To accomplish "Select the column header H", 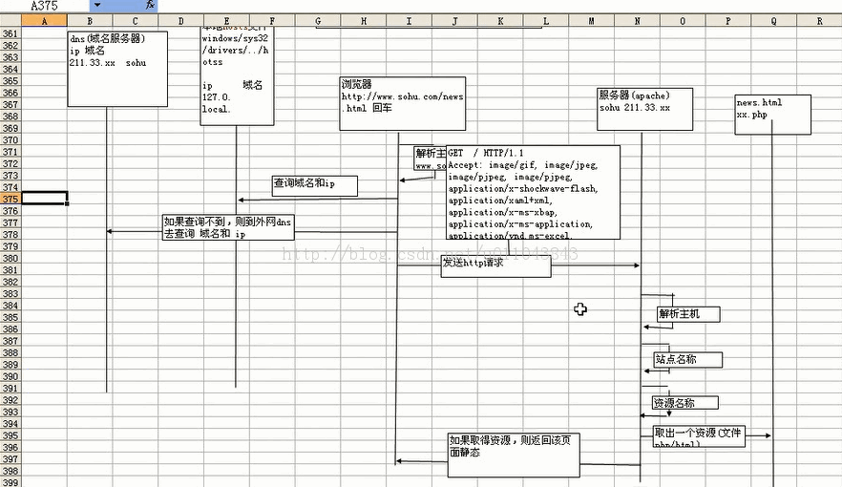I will click(x=340, y=20).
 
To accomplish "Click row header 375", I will click(x=10, y=199).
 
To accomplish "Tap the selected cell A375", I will click(x=44, y=199).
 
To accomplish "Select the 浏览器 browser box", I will click(x=402, y=103).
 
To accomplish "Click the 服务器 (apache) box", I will click(x=644, y=108).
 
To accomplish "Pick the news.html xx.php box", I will click(x=772, y=114).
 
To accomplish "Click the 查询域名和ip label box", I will click(x=314, y=185).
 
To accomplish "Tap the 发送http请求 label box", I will click(x=495, y=266).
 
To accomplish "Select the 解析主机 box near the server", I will click(x=687, y=313).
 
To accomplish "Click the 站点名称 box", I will click(x=687, y=360).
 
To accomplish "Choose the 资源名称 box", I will click(x=685, y=403).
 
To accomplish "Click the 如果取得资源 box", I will click(x=514, y=455).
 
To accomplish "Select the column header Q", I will click(x=771, y=20).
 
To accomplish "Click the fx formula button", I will click(x=150, y=6).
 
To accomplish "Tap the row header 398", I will click(x=10, y=472).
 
